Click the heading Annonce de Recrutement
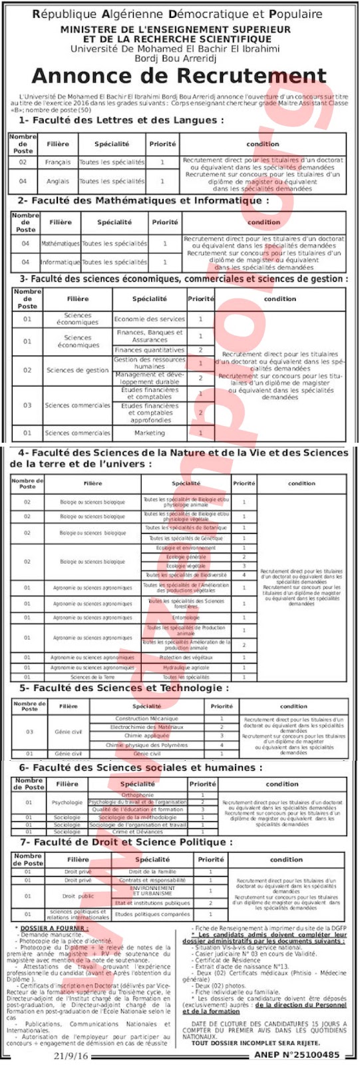coord(180,75)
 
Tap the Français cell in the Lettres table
coord(58,162)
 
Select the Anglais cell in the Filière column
coord(58,181)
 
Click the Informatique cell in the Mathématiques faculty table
coord(60,262)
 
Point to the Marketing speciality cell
coord(149,433)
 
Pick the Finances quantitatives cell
coord(149,350)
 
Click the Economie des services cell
coord(149,319)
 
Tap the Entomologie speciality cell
coord(186,618)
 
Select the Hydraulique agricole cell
coord(186,668)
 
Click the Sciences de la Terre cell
coord(92,677)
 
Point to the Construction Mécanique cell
coord(146,719)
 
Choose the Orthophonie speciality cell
coord(138,795)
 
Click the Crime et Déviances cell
coord(138,831)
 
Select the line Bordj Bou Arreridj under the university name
coord(180,58)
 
